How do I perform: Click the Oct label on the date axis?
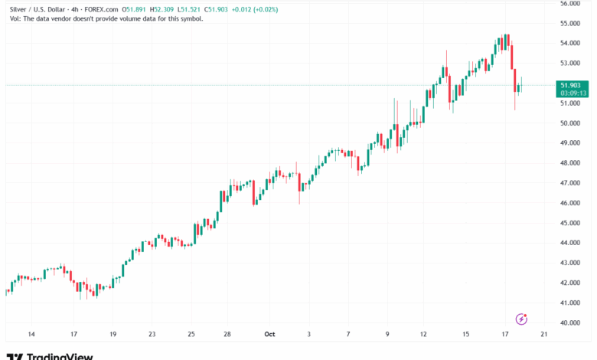tap(269, 335)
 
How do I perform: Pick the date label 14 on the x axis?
tap(31, 335)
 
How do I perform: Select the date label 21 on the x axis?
tap(543, 335)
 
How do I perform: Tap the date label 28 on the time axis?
tap(228, 335)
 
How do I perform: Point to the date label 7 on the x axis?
tap(347, 335)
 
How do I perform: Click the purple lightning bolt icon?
tap(522, 319)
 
